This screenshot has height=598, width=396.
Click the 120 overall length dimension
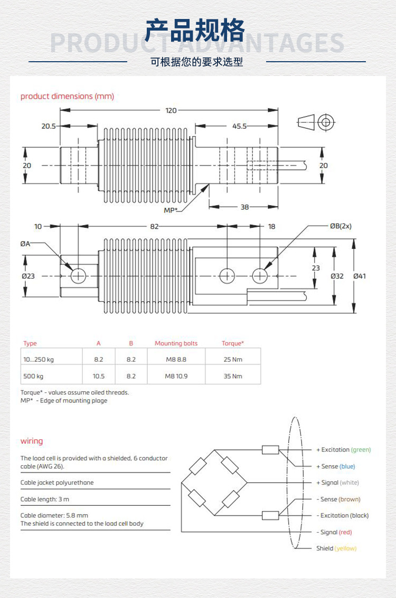click(x=171, y=111)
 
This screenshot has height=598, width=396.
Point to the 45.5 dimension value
click(x=239, y=126)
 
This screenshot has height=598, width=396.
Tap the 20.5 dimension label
click(x=49, y=126)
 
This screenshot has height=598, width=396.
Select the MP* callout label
click(x=170, y=210)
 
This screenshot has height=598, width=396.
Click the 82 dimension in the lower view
click(x=154, y=226)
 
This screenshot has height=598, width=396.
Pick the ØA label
click(x=25, y=243)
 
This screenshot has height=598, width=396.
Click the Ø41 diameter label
click(x=360, y=276)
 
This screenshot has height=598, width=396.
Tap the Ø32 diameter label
click(x=337, y=276)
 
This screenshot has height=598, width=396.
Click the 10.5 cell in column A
click(x=98, y=376)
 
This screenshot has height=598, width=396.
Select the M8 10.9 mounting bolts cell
click(x=176, y=376)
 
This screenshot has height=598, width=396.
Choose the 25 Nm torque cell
click(x=232, y=360)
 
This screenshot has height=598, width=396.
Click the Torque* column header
click(x=232, y=343)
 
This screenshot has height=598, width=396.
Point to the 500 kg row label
click(x=33, y=376)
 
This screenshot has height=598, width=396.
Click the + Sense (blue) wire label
click(x=335, y=466)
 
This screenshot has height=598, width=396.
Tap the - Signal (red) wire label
click(x=334, y=532)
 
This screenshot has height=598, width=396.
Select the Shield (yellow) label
click(x=336, y=548)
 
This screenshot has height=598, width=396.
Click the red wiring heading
click(x=32, y=441)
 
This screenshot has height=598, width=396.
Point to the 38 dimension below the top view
click(x=244, y=207)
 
